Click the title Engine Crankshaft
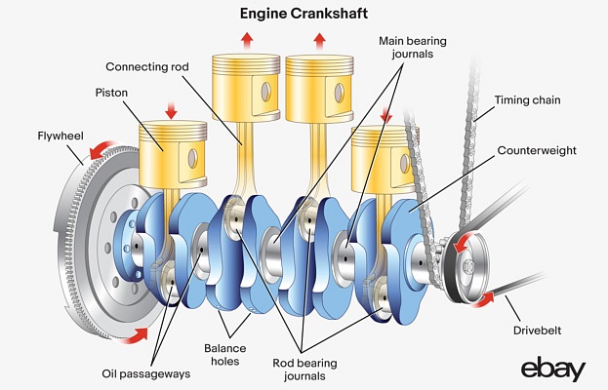304,15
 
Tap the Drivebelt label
539,331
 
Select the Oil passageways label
140,371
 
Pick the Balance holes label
225,354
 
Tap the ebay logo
552,370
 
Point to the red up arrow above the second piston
246,39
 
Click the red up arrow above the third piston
318,39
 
